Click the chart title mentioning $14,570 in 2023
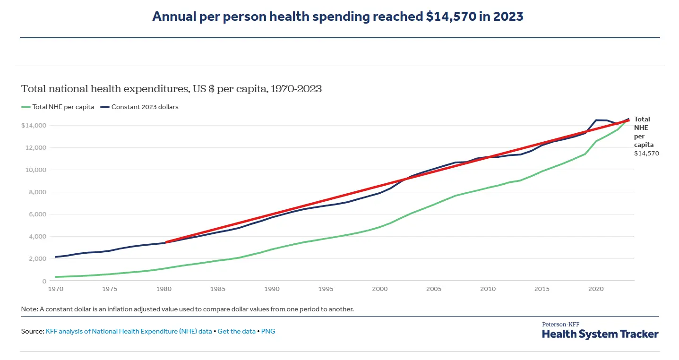tap(337, 17)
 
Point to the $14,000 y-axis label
tap(33, 126)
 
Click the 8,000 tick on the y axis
tap(37, 192)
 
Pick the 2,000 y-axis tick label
tap(37, 259)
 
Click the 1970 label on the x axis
tap(56, 288)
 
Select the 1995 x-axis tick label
tap(326, 288)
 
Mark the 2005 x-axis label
tap(434, 288)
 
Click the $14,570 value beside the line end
tap(646, 153)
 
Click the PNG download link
tap(268, 331)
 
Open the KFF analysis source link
tap(129, 331)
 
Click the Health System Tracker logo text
tap(600, 334)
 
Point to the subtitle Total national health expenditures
tap(171, 89)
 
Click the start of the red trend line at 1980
tap(165, 242)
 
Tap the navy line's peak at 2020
tap(596, 120)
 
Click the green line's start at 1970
tap(56, 277)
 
